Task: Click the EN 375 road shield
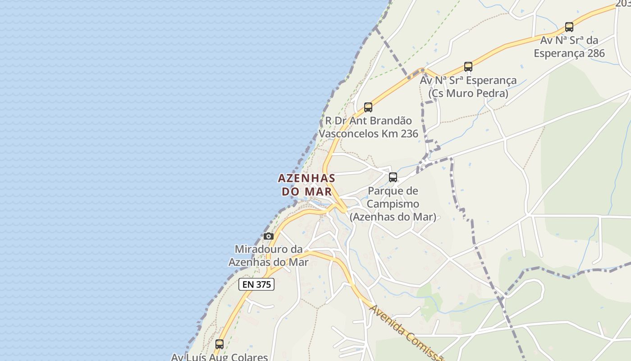tap(256, 284)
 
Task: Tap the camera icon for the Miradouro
tap(269, 236)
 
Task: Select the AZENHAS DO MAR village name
tap(306, 185)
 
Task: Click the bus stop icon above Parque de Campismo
tap(393, 177)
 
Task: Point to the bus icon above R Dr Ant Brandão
tap(368, 107)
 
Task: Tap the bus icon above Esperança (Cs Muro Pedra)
tap(468, 67)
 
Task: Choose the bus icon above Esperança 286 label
tap(569, 27)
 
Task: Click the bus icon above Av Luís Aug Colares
tap(219, 344)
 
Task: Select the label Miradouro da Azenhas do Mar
tap(269, 255)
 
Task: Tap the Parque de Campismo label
tap(393, 204)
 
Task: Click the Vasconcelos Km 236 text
tap(368, 134)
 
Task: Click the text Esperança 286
tap(569, 53)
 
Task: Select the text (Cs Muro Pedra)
tap(468, 93)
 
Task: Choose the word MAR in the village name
tap(319, 191)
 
